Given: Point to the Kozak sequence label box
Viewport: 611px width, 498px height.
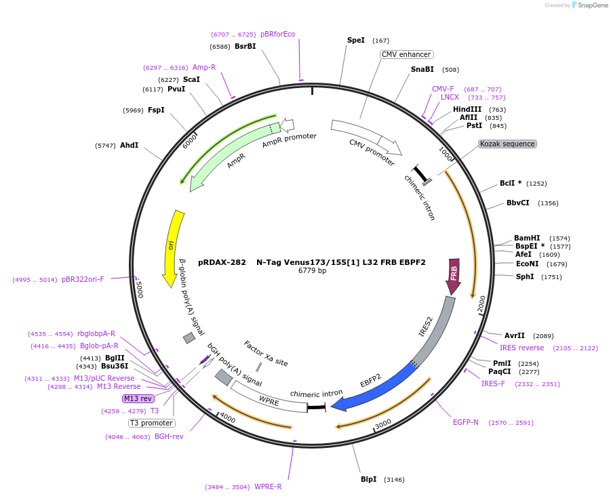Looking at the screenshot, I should coord(507,144).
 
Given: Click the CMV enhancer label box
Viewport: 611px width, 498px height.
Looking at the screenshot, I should coord(406,54).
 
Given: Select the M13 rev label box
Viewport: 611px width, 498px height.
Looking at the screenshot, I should coord(138,398).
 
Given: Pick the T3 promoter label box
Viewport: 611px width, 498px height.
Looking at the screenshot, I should coord(152,423).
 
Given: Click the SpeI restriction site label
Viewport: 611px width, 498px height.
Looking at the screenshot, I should coord(356,41).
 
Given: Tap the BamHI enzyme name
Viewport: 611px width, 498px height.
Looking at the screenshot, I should coord(527,238).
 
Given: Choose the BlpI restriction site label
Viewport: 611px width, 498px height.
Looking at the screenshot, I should coord(369,479).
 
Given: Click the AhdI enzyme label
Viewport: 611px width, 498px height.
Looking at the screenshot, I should coord(129,145).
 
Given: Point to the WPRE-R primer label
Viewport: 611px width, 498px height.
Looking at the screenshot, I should coord(268,486).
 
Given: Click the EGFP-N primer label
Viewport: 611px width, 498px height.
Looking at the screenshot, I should coord(466,422).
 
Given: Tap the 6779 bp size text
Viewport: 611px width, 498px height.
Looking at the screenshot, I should coord(313,270).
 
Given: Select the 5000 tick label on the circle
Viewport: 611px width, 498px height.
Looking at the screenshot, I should coord(140,289).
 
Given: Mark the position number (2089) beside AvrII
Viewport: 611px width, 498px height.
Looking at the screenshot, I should coord(543,335).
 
